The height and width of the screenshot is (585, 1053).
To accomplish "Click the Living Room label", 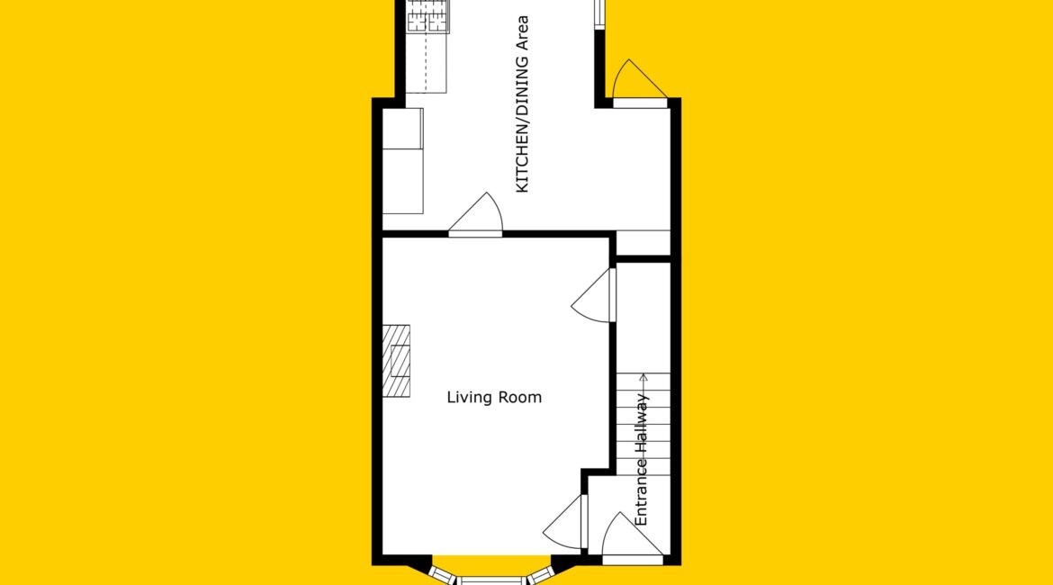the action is tap(494, 398).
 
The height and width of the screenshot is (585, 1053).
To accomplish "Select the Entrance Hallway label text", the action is tap(642, 460).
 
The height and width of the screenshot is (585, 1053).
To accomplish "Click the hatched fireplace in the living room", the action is tap(396, 361).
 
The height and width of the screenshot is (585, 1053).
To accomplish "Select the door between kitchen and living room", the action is tap(475, 215).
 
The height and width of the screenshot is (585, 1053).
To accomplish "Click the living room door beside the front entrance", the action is tap(565, 522).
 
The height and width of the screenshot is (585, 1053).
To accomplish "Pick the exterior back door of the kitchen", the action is tap(639, 84).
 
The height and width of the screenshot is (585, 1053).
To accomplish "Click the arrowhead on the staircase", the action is tap(643, 377).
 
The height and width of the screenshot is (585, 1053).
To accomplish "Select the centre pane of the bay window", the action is tap(492, 580).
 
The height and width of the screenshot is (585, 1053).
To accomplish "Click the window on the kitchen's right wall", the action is tap(599, 14).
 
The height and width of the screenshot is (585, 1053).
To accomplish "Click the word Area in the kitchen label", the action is tap(522, 33).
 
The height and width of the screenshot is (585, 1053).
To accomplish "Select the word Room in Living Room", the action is tap(519, 398).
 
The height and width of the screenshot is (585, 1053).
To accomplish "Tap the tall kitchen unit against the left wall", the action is tap(403, 161).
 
